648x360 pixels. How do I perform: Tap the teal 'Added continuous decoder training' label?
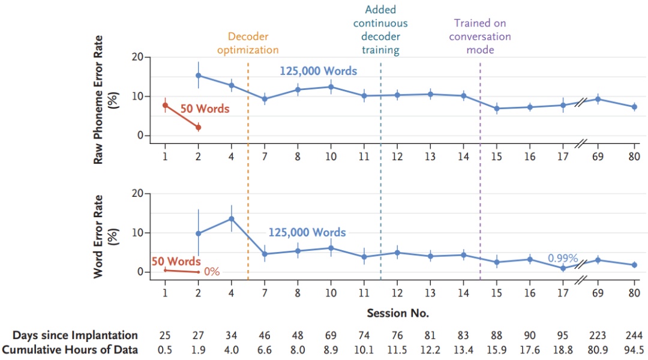coord(380,30)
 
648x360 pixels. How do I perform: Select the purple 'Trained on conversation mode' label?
coord(480,37)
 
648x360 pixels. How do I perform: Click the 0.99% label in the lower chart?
coord(562,259)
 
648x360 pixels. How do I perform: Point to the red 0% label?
coord(212,271)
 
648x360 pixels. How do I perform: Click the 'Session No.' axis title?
coord(398,313)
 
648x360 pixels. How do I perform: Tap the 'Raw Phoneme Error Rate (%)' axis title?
coord(106,99)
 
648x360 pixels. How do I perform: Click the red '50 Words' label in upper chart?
coord(205,110)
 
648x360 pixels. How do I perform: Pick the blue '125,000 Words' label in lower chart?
coord(307,232)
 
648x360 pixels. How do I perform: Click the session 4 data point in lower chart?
coord(232,219)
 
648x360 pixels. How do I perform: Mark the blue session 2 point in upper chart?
coord(199,76)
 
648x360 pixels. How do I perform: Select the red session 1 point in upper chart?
coord(166,105)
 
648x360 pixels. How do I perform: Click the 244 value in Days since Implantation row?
coord(634,335)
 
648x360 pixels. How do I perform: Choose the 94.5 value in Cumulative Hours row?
coord(634,350)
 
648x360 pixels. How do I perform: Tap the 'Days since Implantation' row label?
coord(75,335)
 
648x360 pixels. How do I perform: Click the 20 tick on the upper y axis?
coord(137,58)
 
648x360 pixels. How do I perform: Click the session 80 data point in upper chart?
coord(634,107)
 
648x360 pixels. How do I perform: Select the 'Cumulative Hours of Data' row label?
coord(70,350)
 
